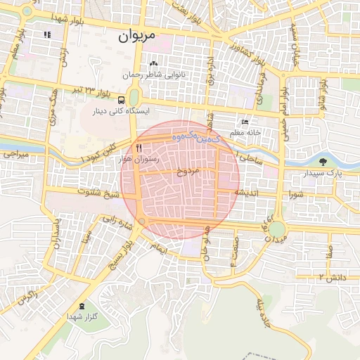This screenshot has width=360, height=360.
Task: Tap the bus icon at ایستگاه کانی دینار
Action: coord(122,100)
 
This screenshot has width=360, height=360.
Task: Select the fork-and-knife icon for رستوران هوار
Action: coord(139,148)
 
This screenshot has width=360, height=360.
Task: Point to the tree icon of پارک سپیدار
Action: coord(323,162)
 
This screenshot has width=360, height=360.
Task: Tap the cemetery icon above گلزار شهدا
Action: coord(84,306)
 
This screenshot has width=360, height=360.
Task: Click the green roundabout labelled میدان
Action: coord(277,229)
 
